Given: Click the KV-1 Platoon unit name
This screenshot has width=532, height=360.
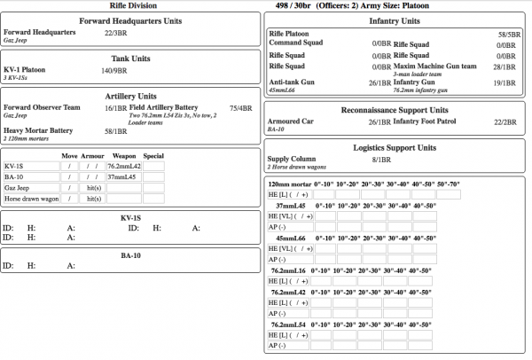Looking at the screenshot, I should (x=24, y=70).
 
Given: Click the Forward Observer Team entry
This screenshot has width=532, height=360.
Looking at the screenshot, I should (x=42, y=107).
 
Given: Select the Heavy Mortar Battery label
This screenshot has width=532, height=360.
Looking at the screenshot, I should (x=38, y=130).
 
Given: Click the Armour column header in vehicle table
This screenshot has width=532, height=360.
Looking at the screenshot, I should (x=92, y=156).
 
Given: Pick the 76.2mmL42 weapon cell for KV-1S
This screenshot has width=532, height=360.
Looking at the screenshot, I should (x=123, y=166).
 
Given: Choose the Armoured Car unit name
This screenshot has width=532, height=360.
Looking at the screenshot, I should (x=292, y=121).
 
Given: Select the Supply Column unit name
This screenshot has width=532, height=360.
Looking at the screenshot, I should (x=293, y=159).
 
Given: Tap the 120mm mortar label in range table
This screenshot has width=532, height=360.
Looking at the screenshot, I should (x=289, y=184).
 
